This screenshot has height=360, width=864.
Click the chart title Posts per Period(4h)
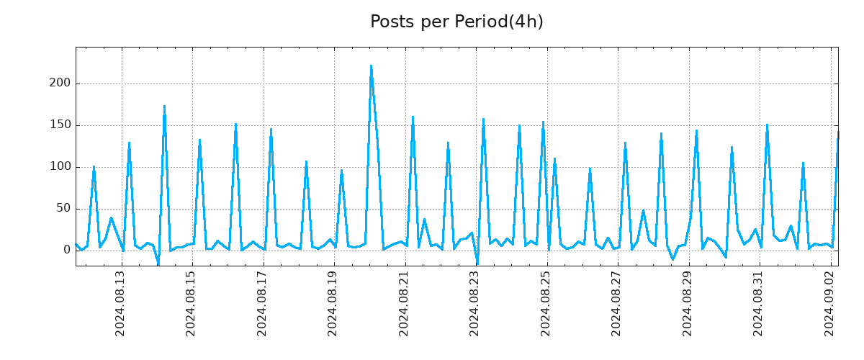pos(456,22)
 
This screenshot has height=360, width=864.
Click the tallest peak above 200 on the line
pos(371,66)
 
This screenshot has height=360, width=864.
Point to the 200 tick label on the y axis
pos(60,84)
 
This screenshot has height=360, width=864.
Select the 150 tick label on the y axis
pos(60,125)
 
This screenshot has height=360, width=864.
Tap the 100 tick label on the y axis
pos(60,167)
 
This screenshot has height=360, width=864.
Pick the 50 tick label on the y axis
pos(63,209)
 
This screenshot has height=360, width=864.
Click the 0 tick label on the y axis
pos(66,251)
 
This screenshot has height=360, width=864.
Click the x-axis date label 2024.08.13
pos(121,303)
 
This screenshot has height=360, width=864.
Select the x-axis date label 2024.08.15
pos(192,303)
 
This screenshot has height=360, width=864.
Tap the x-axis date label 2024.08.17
pos(263,303)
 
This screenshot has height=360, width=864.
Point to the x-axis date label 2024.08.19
pos(333,303)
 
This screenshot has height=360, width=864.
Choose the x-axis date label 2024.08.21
pos(405,303)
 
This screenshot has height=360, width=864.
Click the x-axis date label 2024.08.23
pos(475,303)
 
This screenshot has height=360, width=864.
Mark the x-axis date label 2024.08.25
pos(546,303)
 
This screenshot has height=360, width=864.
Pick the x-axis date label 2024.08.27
pos(617,303)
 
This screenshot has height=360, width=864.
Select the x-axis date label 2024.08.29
pos(688,303)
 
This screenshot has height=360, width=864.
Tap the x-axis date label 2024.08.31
pos(759,303)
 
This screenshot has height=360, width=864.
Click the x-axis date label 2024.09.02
pos(830,303)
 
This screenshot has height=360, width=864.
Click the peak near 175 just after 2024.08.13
pos(164,107)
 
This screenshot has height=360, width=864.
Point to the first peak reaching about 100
pos(94,167)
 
